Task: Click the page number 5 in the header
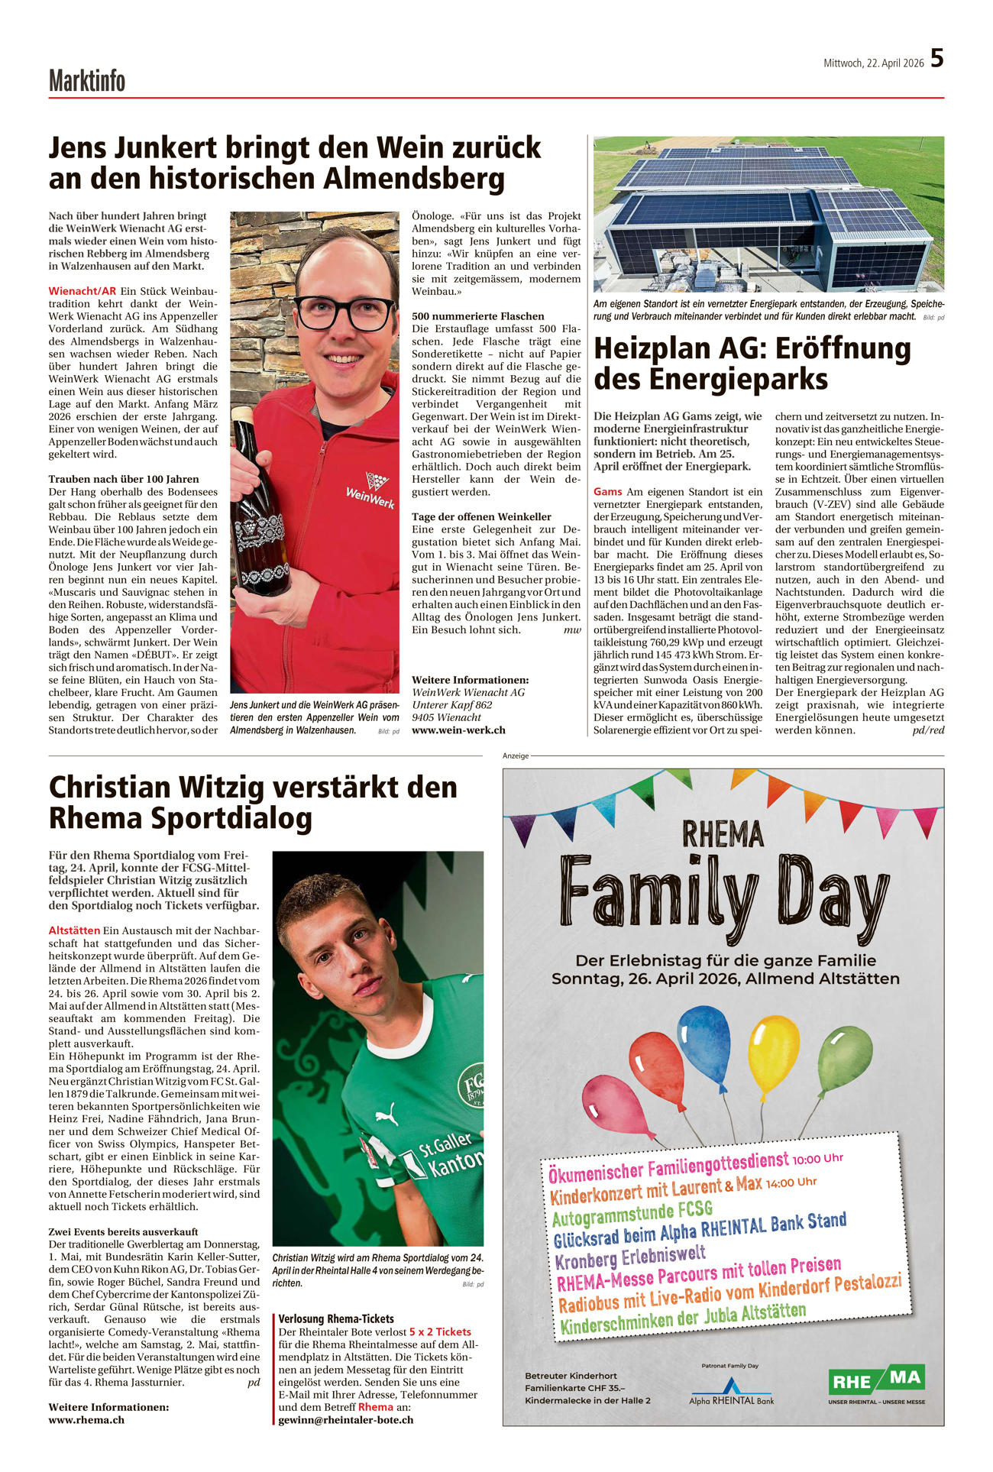pos(936,59)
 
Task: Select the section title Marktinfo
pos(87,81)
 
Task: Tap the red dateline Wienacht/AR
pos(82,291)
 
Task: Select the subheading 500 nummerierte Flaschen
pos(478,316)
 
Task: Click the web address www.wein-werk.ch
pos(458,730)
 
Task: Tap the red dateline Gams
pos(607,491)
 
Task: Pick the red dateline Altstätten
pos(74,930)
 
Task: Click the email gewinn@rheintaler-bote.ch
pos(346,1419)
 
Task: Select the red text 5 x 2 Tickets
pos(440,1331)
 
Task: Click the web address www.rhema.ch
pos(86,1419)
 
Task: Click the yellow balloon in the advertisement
pos(773,1050)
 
